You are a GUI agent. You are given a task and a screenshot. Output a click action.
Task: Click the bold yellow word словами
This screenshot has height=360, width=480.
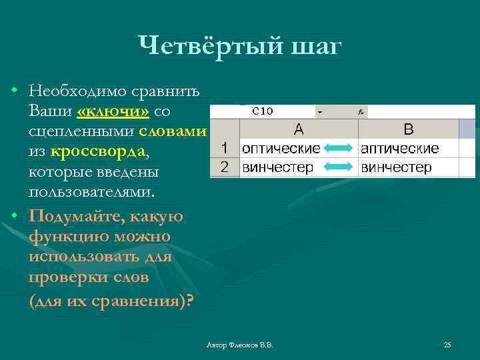[173, 131]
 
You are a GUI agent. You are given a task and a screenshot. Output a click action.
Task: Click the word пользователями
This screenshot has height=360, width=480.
[91, 192]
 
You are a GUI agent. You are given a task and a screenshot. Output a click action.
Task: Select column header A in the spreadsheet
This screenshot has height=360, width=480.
[298, 129]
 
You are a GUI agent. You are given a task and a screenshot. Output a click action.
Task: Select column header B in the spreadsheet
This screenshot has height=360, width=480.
[409, 129]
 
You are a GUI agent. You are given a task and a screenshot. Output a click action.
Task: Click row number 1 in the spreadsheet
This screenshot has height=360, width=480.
[225, 148]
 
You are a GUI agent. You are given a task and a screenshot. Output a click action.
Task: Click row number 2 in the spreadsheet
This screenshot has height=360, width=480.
[225, 167]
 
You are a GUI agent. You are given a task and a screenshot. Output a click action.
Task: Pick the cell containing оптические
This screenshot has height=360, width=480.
[281, 148]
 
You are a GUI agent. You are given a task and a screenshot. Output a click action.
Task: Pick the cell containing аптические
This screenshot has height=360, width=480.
[400, 148]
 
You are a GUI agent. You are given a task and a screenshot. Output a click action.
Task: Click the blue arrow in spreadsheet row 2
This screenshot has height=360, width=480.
[339, 167]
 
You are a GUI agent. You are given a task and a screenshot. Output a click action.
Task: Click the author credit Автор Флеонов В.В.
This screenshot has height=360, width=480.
[240, 345]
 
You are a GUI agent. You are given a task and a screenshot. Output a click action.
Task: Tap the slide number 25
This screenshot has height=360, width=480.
[447, 345]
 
